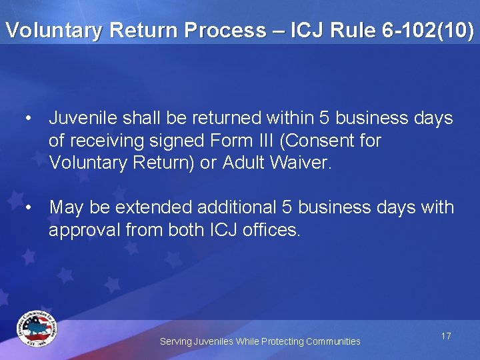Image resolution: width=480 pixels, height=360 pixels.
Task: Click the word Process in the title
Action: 219,30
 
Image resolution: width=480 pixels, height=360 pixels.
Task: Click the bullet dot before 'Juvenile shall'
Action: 29,119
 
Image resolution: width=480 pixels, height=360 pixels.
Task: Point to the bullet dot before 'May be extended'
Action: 29,207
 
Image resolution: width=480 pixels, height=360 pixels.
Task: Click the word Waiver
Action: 300,163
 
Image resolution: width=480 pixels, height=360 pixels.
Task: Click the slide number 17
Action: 446,336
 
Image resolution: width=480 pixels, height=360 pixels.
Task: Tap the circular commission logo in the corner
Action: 37,329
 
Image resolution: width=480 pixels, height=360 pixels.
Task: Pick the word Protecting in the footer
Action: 282,341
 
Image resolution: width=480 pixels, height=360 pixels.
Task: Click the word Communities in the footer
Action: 333,341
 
